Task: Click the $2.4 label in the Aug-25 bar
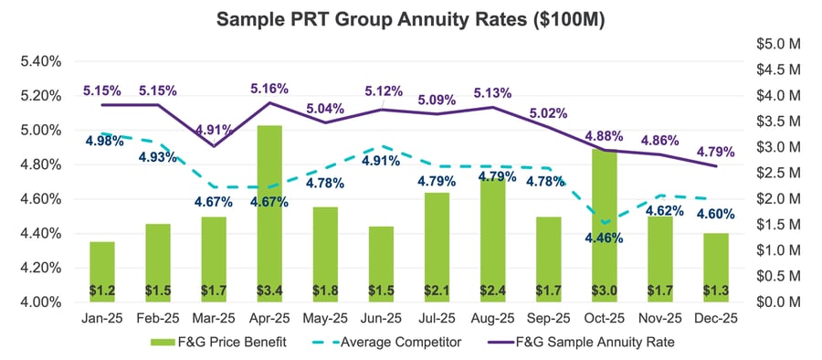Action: click(x=492, y=291)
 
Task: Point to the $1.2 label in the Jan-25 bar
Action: click(x=102, y=291)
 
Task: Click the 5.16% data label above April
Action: click(x=269, y=89)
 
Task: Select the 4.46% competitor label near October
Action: click(x=603, y=238)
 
